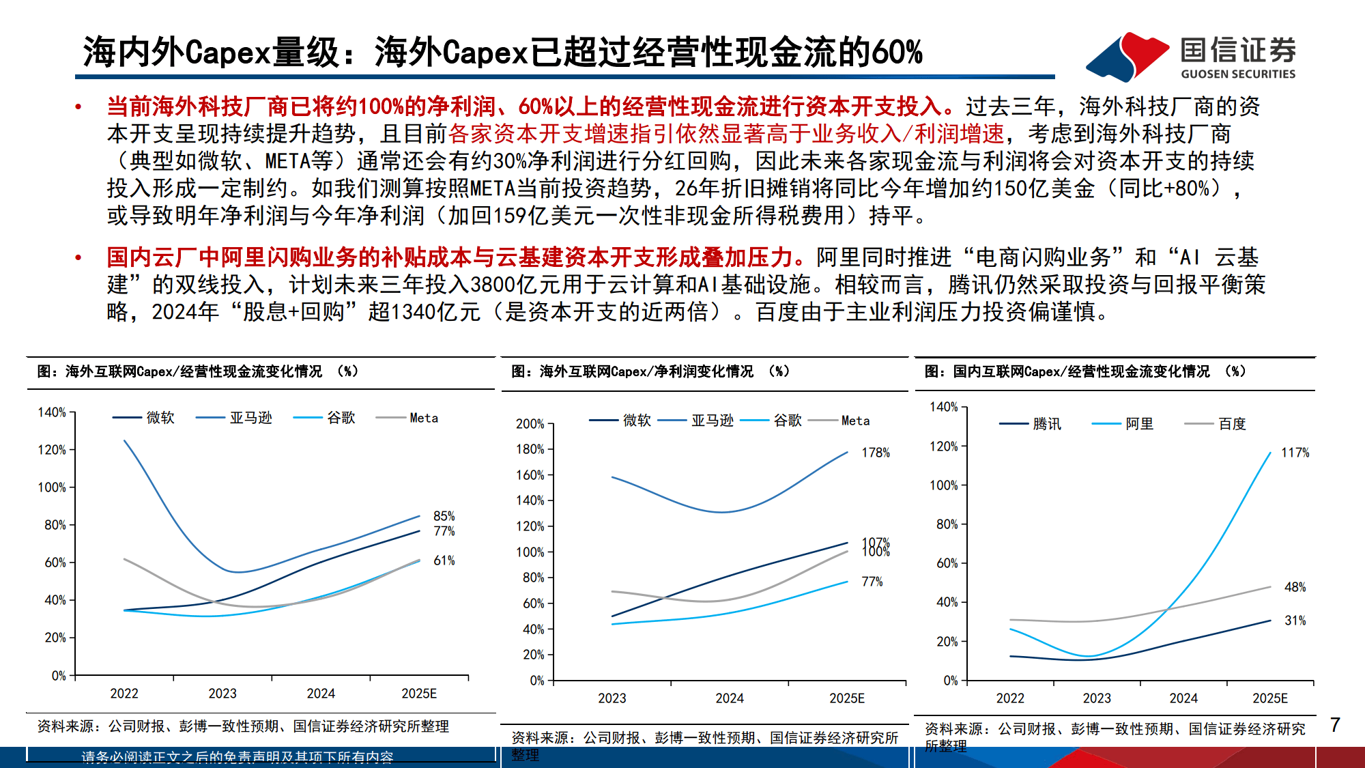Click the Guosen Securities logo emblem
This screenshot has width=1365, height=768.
pos(1127,56)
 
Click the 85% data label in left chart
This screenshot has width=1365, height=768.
pos(444,516)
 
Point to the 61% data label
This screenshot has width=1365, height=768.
pos(444,560)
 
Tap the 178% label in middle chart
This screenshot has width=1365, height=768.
pos(875,453)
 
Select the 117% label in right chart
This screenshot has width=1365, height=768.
pos(1295,453)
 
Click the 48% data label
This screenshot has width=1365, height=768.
pos(1295,587)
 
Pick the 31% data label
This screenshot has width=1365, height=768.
pos(1295,621)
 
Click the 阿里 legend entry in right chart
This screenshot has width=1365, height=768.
pos(1139,424)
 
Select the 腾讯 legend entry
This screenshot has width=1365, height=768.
pos(1046,424)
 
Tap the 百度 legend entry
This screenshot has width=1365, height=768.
pos(1232,424)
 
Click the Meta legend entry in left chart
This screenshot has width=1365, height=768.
pos(423,418)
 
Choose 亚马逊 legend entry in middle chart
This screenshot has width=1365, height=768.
pos(712,421)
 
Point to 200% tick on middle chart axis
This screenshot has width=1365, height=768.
pos(530,424)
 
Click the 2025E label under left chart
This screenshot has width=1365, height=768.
pos(418,694)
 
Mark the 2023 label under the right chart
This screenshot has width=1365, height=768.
pos(1096,698)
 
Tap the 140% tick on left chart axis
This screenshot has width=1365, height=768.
pos(52,412)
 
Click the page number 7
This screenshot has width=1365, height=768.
pos(1335,724)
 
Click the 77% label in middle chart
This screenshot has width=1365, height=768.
pos(872,582)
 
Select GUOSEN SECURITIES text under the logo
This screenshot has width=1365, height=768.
pos(1237,74)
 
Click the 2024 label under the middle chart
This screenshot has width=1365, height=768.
pos(729,698)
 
